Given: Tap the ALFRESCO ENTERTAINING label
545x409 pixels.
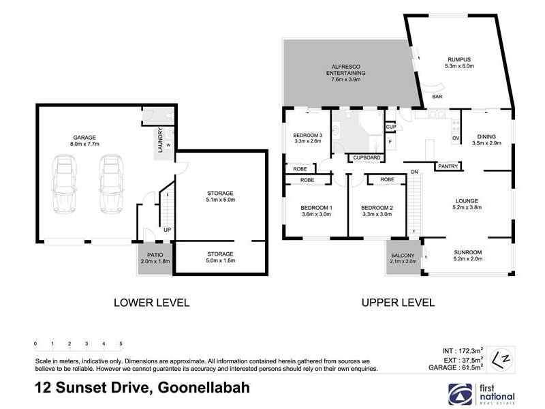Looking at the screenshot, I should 344,72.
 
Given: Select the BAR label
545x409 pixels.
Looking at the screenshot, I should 437,97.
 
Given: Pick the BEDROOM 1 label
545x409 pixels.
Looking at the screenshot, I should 316,211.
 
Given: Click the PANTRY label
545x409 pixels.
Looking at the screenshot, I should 448,166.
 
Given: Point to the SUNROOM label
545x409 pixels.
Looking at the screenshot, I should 467,255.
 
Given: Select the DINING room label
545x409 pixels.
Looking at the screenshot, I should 486,140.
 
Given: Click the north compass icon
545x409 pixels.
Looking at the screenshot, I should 501,357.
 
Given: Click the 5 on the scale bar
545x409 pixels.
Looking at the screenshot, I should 121,344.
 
